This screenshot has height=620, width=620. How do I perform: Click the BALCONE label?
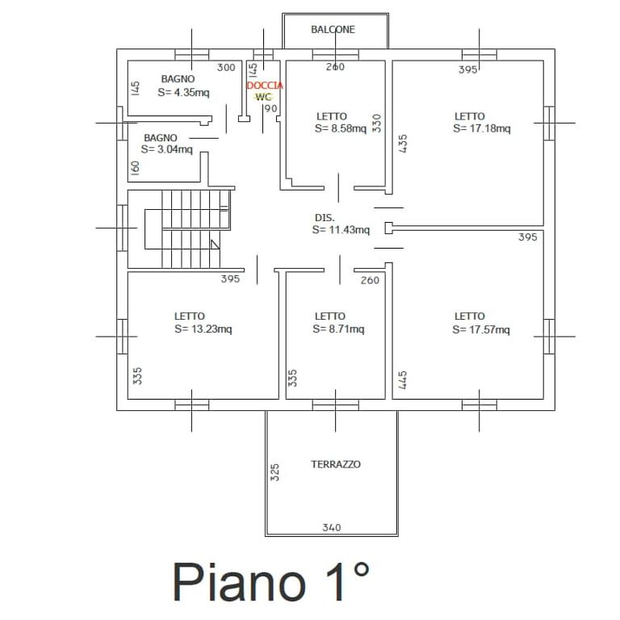[x=333, y=30]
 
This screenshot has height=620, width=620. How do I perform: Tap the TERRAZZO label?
[x=336, y=464]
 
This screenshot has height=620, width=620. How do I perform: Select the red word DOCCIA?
[x=265, y=86]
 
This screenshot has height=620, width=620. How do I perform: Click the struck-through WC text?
[x=263, y=97]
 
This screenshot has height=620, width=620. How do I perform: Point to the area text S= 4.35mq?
[x=183, y=93]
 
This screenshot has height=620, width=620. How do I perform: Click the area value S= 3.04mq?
[x=167, y=149]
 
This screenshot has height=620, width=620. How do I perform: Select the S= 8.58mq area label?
[x=341, y=128]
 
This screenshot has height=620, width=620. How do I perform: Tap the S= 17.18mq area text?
[x=482, y=128]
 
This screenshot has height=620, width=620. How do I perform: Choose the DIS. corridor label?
[x=325, y=218]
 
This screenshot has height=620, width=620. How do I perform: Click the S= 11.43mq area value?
[x=341, y=230]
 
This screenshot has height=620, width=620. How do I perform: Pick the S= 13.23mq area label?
[x=203, y=329]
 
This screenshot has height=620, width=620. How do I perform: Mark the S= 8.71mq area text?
[x=338, y=329]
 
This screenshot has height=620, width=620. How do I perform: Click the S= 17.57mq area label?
[x=481, y=329]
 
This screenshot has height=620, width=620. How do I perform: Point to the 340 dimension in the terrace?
[x=332, y=527]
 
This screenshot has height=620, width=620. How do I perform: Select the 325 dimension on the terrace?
[x=274, y=472]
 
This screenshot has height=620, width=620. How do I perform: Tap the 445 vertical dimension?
[x=403, y=380]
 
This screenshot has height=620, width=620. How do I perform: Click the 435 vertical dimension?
[x=403, y=144]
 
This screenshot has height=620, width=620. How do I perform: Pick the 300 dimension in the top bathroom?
[x=226, y=68]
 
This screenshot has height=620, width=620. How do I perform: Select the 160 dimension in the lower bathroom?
[x=136, y=168]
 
